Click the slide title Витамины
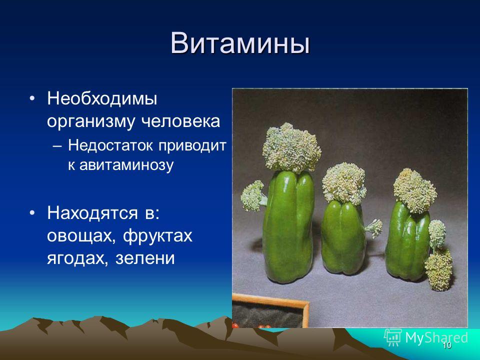coord(240,42)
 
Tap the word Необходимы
coord(102,99)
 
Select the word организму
coord(91,121)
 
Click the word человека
coord(180,121)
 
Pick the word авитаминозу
coord(126,165)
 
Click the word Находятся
coord(92,213)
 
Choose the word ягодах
coord(78,258)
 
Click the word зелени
coord(145,258)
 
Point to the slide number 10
coord(447,345)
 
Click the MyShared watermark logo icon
coord(393,337)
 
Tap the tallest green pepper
coord(288,226)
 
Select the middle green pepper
coord(343,237)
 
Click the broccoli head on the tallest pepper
coord(291,148)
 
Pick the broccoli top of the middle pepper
coord(344,183)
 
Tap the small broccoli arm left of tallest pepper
coord(253,196)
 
